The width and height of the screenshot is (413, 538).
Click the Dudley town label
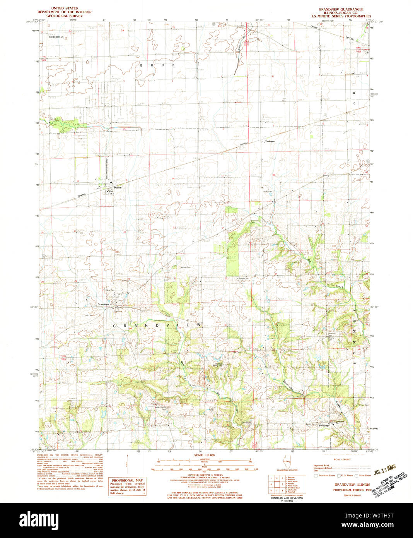pyautogui.click(x=118, y=187)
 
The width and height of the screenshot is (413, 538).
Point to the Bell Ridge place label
pyautogui.click(x=323, y=425)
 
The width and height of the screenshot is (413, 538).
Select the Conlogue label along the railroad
pyautogui.click(x=270, y=141)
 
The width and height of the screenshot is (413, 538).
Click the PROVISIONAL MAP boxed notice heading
pyautogui.click(x=127, y=480)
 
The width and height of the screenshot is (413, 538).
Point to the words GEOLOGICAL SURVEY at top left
pyautogui.click(x=65, y=16)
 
